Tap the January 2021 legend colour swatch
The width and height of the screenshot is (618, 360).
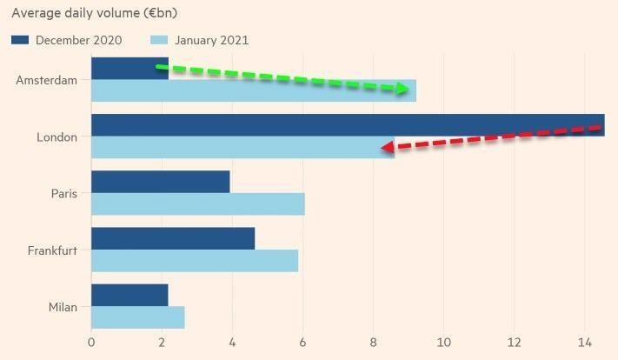159,40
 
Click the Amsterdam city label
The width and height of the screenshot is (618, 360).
46,80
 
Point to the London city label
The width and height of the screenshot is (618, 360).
56,137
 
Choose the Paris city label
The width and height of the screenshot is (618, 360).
63,193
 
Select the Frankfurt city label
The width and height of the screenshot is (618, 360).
52,250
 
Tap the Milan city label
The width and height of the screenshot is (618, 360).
63,307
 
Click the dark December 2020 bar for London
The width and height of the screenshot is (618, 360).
348,125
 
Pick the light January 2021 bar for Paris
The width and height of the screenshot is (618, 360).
197,204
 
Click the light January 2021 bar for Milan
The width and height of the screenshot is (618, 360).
137,318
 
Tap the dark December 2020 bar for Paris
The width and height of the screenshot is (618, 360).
160,182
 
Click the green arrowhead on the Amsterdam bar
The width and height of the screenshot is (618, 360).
403,89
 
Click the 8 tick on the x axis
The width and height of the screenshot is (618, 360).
373,342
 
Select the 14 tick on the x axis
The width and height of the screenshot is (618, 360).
585,342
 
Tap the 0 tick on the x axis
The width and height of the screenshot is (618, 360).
91,342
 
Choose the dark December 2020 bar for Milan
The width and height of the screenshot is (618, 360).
129,296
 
